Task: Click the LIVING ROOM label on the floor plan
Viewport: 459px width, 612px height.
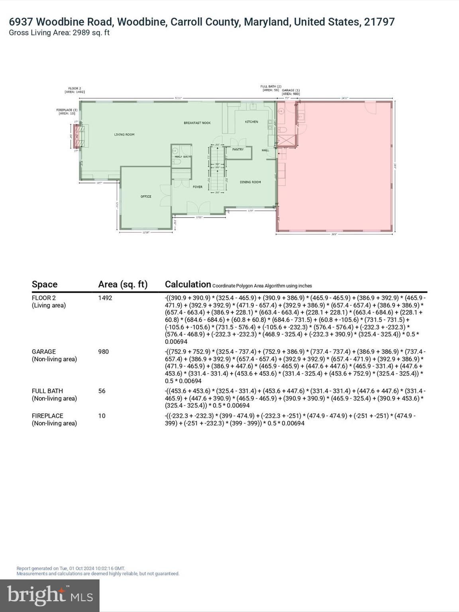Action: [124, 135]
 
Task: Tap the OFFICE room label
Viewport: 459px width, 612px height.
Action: [146, 196]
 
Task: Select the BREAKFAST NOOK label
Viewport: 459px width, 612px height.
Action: [197, 123]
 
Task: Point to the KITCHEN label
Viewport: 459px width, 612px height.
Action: [251, 122]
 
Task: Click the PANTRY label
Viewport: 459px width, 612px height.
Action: [238, 149]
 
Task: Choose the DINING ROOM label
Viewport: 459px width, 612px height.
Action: [250, 182]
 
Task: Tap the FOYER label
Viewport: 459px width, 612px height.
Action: [198, 187]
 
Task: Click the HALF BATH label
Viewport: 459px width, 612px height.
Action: [182, 157]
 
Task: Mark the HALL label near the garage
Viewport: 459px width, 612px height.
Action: [265, 150]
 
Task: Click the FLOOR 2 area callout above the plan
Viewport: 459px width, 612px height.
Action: [75, 90]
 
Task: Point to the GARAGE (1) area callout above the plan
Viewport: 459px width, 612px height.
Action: [291, 92]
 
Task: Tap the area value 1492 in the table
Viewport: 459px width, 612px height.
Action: [105, 298]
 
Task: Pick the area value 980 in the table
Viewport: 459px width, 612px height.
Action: [104, 352]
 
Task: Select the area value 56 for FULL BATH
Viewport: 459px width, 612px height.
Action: [102, 391]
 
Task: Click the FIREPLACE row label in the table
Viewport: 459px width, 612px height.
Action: [47, 416]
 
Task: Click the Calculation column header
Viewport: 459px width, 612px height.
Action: [188, 284]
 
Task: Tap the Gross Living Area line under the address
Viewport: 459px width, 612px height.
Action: [59, 33]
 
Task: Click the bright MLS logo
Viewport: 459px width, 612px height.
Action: [50, 595]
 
